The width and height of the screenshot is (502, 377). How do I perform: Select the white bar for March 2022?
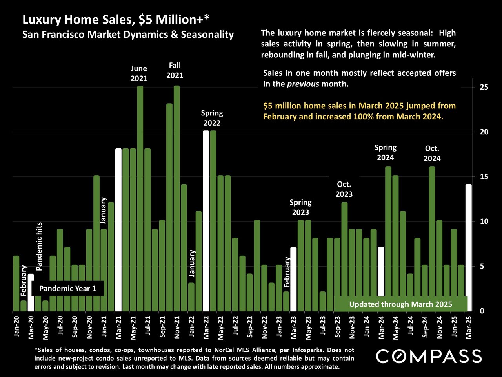(206, 220)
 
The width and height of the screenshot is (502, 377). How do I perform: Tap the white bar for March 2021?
(118, 230)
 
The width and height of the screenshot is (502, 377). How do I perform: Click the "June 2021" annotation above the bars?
(139, 73)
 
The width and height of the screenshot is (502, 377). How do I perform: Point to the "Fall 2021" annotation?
(175, 70)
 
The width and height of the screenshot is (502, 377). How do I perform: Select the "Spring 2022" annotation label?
(212, 118)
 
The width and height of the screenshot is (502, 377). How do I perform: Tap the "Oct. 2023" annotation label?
(344, 189)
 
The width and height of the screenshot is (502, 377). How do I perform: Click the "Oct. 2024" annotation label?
(432, 154)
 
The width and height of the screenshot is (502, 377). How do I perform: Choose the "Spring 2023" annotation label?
(300, 207)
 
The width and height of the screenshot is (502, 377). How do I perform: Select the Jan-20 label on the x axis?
(16, 326)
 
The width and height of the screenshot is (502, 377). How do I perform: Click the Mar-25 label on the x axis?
(468, 326)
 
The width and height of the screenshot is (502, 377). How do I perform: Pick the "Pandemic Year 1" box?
(67, 289)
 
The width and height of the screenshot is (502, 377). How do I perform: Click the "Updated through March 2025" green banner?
(400, 304)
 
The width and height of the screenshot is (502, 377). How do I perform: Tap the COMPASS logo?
(429, 356)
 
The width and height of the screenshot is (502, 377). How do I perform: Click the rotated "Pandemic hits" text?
(39, 246)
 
